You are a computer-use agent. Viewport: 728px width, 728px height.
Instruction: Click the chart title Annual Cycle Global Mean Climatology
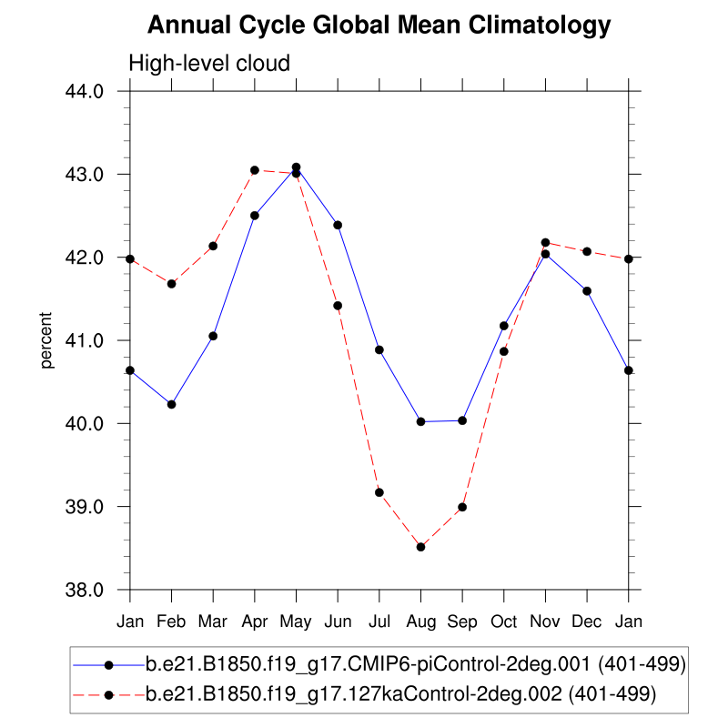(379, 25)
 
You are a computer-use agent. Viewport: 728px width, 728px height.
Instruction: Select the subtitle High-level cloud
(209, 64)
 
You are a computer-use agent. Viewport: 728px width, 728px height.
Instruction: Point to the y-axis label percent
(47, 340)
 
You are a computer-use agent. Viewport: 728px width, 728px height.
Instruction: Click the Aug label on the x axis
(420, 622)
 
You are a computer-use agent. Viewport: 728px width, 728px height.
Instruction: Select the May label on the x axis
(296, 622)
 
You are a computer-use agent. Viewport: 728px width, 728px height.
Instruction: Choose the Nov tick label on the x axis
(545, 622)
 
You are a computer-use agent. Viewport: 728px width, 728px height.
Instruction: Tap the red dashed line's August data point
(420, 547)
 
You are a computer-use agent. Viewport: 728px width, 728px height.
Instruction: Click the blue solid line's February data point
(171, 404)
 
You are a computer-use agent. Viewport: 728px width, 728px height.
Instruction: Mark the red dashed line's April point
(255, 170)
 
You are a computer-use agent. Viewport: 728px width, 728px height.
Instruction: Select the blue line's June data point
(338, 225)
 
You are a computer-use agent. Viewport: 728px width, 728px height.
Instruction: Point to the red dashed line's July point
(379, 492)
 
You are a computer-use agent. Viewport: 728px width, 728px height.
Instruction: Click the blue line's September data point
(462, 420)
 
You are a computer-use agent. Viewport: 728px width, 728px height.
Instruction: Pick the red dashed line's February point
(171, 284)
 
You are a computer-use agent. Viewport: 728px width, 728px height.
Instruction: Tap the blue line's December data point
(587, 291)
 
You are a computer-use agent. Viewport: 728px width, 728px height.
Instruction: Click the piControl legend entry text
(415, 665)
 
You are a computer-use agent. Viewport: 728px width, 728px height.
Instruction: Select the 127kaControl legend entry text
(400, 694)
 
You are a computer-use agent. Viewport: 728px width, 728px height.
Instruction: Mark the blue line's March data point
(213, 336)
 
